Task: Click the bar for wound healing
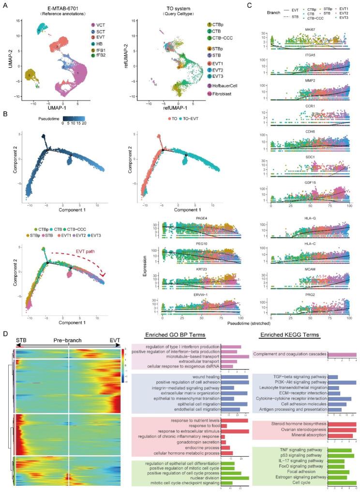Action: (234, 377)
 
